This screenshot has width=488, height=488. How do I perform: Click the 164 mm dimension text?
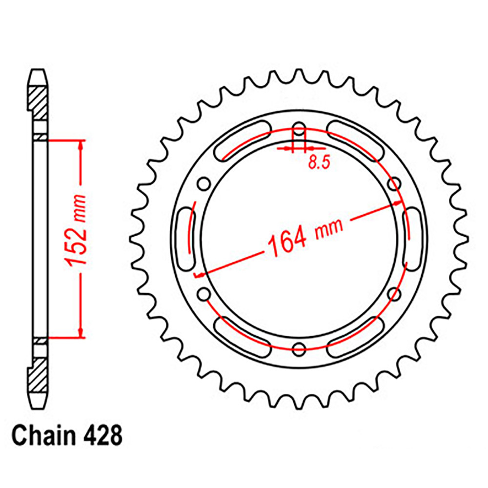tap(305, 235)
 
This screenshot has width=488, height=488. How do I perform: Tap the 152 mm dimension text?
tap(75, 231)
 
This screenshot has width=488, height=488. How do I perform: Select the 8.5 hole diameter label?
tap(319, 162)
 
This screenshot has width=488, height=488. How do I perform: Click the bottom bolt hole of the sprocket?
tap(299, 349)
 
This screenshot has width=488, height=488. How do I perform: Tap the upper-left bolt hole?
tap(204, 183)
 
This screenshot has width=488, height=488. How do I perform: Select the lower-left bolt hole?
tap(204, 294)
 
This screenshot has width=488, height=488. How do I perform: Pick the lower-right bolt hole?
tap(394, 294)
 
